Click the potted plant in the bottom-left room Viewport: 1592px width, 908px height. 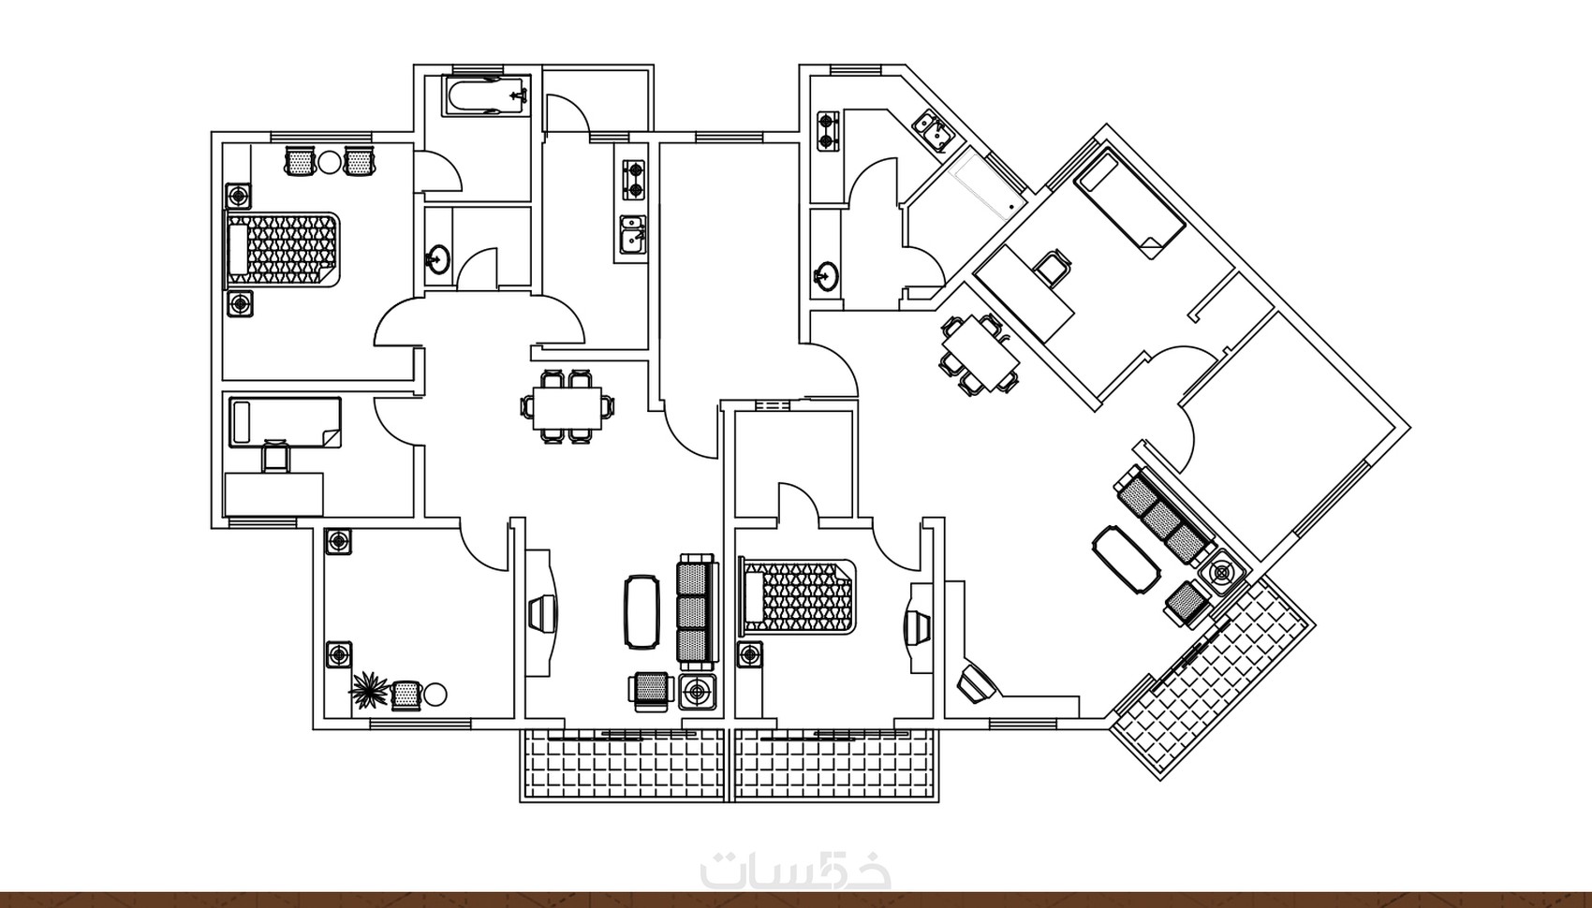point(369,690)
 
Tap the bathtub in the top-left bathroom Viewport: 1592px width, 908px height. point(487,95)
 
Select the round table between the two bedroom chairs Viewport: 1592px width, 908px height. point(329,162)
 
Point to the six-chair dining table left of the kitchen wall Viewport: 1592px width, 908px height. point(568,407)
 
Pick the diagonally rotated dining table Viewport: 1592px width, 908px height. point(980,354)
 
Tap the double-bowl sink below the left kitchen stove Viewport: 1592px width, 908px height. point(632,234)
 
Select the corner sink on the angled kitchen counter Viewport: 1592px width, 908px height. point(933,133)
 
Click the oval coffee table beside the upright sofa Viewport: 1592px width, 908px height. point(642,611)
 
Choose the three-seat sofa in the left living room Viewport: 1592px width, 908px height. point(696,611)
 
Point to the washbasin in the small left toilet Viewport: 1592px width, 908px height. point(437,258)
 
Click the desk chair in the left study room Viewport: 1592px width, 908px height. point(276,456)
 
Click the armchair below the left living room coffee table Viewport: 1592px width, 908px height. point(650,692)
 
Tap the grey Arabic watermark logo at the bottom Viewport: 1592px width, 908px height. point(795,868)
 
